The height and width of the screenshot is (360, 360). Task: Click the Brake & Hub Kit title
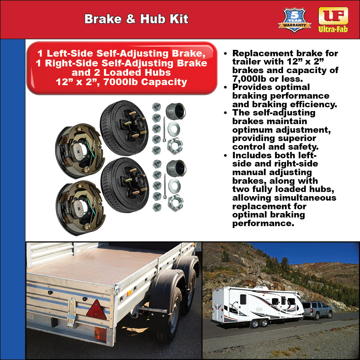[x=136, y=19]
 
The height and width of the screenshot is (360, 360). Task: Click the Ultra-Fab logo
[x=333, y=20]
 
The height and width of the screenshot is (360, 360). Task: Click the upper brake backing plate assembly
[x=79, y=150]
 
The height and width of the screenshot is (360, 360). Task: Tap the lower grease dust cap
[x=175, y=168]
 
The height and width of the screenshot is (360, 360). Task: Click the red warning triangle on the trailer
[x=96, y=310]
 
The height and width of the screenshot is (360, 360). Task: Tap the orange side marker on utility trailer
[x=129, y=293]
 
